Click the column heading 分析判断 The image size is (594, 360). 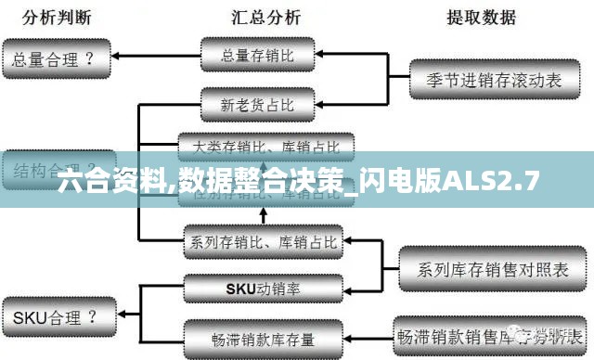[58, 18]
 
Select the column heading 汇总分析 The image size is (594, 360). [265, 18]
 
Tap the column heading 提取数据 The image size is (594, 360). [482, 18]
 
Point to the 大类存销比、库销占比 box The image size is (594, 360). [265, 146]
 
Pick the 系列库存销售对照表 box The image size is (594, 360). [493, 270]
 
